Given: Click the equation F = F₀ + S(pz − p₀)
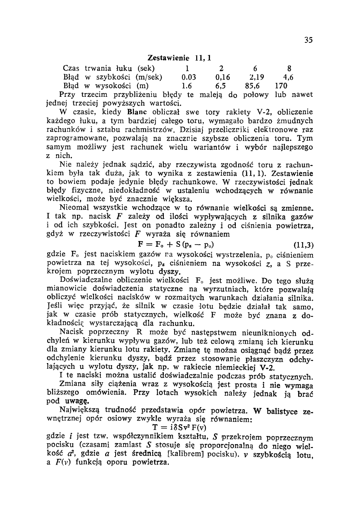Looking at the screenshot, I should pyautogui.click(x=176, y=245).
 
